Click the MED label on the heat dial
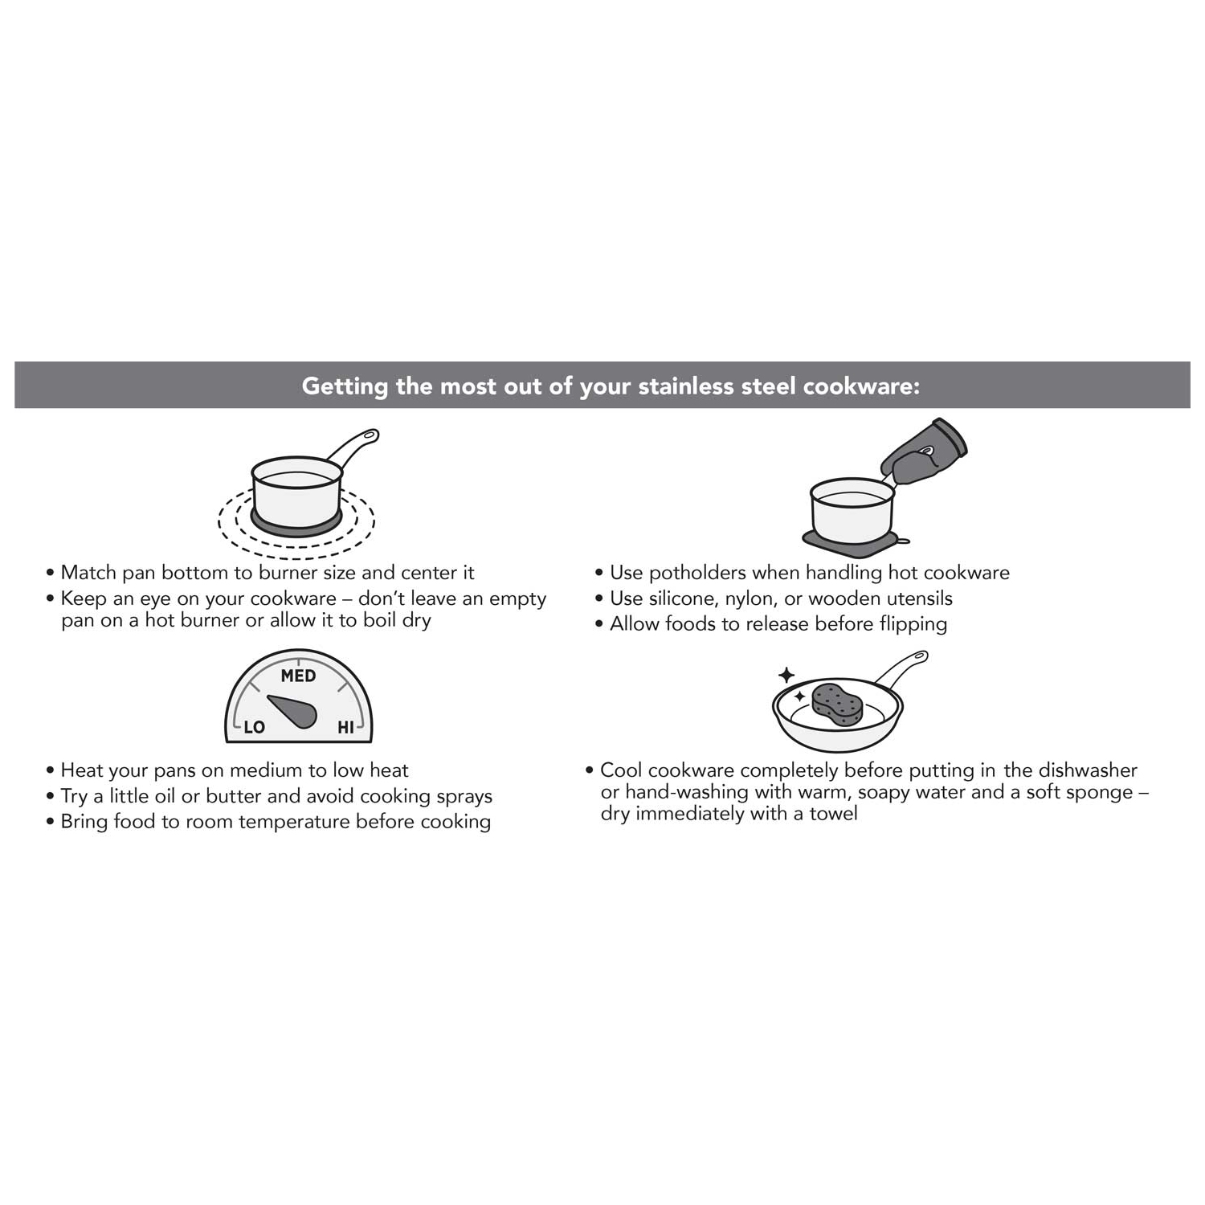coord(298,676)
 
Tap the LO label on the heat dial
coord(254,727)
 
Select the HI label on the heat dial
coord(345,727)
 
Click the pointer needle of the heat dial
coord(294,710)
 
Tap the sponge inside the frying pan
coord(837,702)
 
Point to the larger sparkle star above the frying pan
coord(786,675)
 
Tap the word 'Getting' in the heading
coord(345,386)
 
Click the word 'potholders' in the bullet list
coord(697,573)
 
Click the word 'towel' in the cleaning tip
coord(833,814)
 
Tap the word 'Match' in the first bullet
coord(88,573)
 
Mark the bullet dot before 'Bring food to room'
coord(51,822)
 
